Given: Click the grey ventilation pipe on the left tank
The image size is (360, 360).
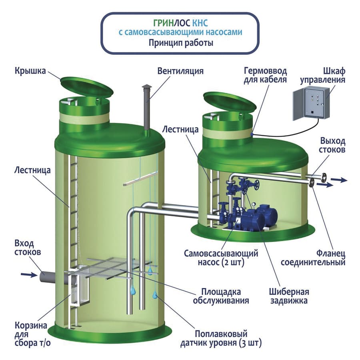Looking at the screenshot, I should click(x=147, y=108).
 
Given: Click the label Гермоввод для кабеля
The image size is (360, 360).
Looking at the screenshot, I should click(x=265, y=75).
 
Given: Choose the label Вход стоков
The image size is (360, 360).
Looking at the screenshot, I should click(x=28, y=248).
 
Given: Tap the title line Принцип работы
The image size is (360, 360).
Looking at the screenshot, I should click(x=180, y=43).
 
